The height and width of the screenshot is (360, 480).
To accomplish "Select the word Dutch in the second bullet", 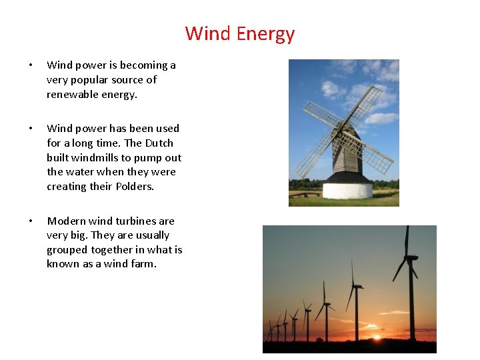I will click(159, 143).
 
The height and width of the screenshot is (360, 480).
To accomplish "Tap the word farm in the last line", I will click(144, 263).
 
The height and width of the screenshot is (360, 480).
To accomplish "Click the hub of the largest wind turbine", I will click(408, 257).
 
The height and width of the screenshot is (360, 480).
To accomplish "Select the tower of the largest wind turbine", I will click(411, 300).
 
